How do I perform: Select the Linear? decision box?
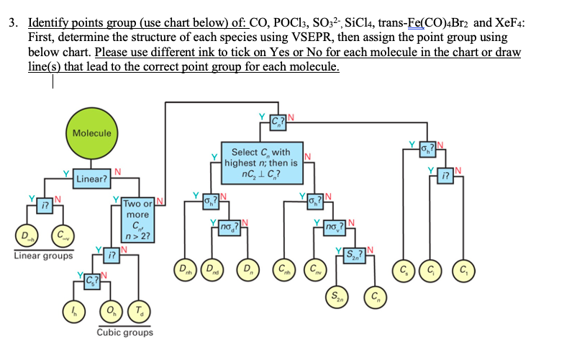point(92,178)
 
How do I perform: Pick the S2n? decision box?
point(355,253)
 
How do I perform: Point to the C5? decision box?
point(92,278)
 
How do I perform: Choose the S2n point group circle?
point(336,295)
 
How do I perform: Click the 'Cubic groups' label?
point(124,333)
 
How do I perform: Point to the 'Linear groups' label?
point(42,256)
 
